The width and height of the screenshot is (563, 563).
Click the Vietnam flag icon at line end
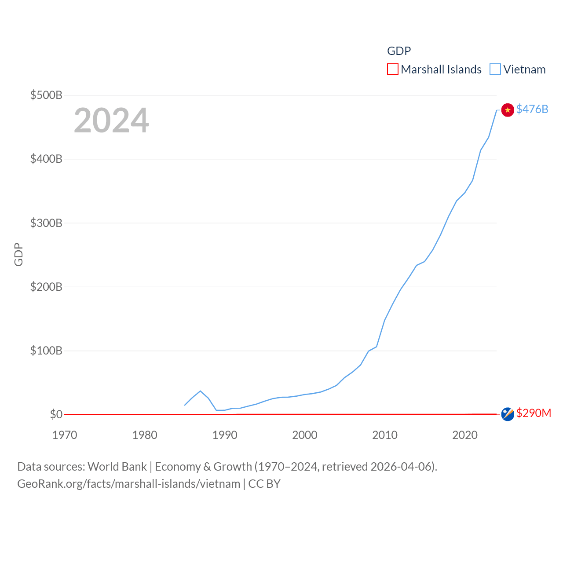click(508, 110)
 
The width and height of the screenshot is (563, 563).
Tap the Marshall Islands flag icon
click(508, 414)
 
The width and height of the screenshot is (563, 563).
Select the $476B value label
click(532, 109)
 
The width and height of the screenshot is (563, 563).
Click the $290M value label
click(534, 413)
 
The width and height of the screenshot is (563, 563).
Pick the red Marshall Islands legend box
click(392, 69)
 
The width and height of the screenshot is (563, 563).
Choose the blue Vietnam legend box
click(495, 69)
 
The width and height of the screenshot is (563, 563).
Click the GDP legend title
click(399, 51)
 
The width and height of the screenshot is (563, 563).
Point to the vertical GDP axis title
click(18, 254)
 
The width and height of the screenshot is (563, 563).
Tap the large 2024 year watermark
click(111, 121)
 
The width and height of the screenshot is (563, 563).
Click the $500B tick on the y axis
click(46, 95)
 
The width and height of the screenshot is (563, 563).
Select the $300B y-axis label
click(46, 223)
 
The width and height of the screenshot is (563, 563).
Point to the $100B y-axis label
click(46, 351)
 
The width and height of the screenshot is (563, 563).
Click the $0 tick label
click(56, 414)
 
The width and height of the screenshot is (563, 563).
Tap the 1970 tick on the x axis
click(65, 435)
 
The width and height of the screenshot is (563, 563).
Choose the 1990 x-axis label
click(225, 435)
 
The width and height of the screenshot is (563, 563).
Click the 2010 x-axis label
click(385, 435)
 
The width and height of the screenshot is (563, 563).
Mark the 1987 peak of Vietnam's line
click(201, 391)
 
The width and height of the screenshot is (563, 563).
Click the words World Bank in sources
click(117, 466)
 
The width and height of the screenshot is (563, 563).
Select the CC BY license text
click(264, 484)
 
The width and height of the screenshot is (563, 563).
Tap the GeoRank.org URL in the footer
click(129, 484)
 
